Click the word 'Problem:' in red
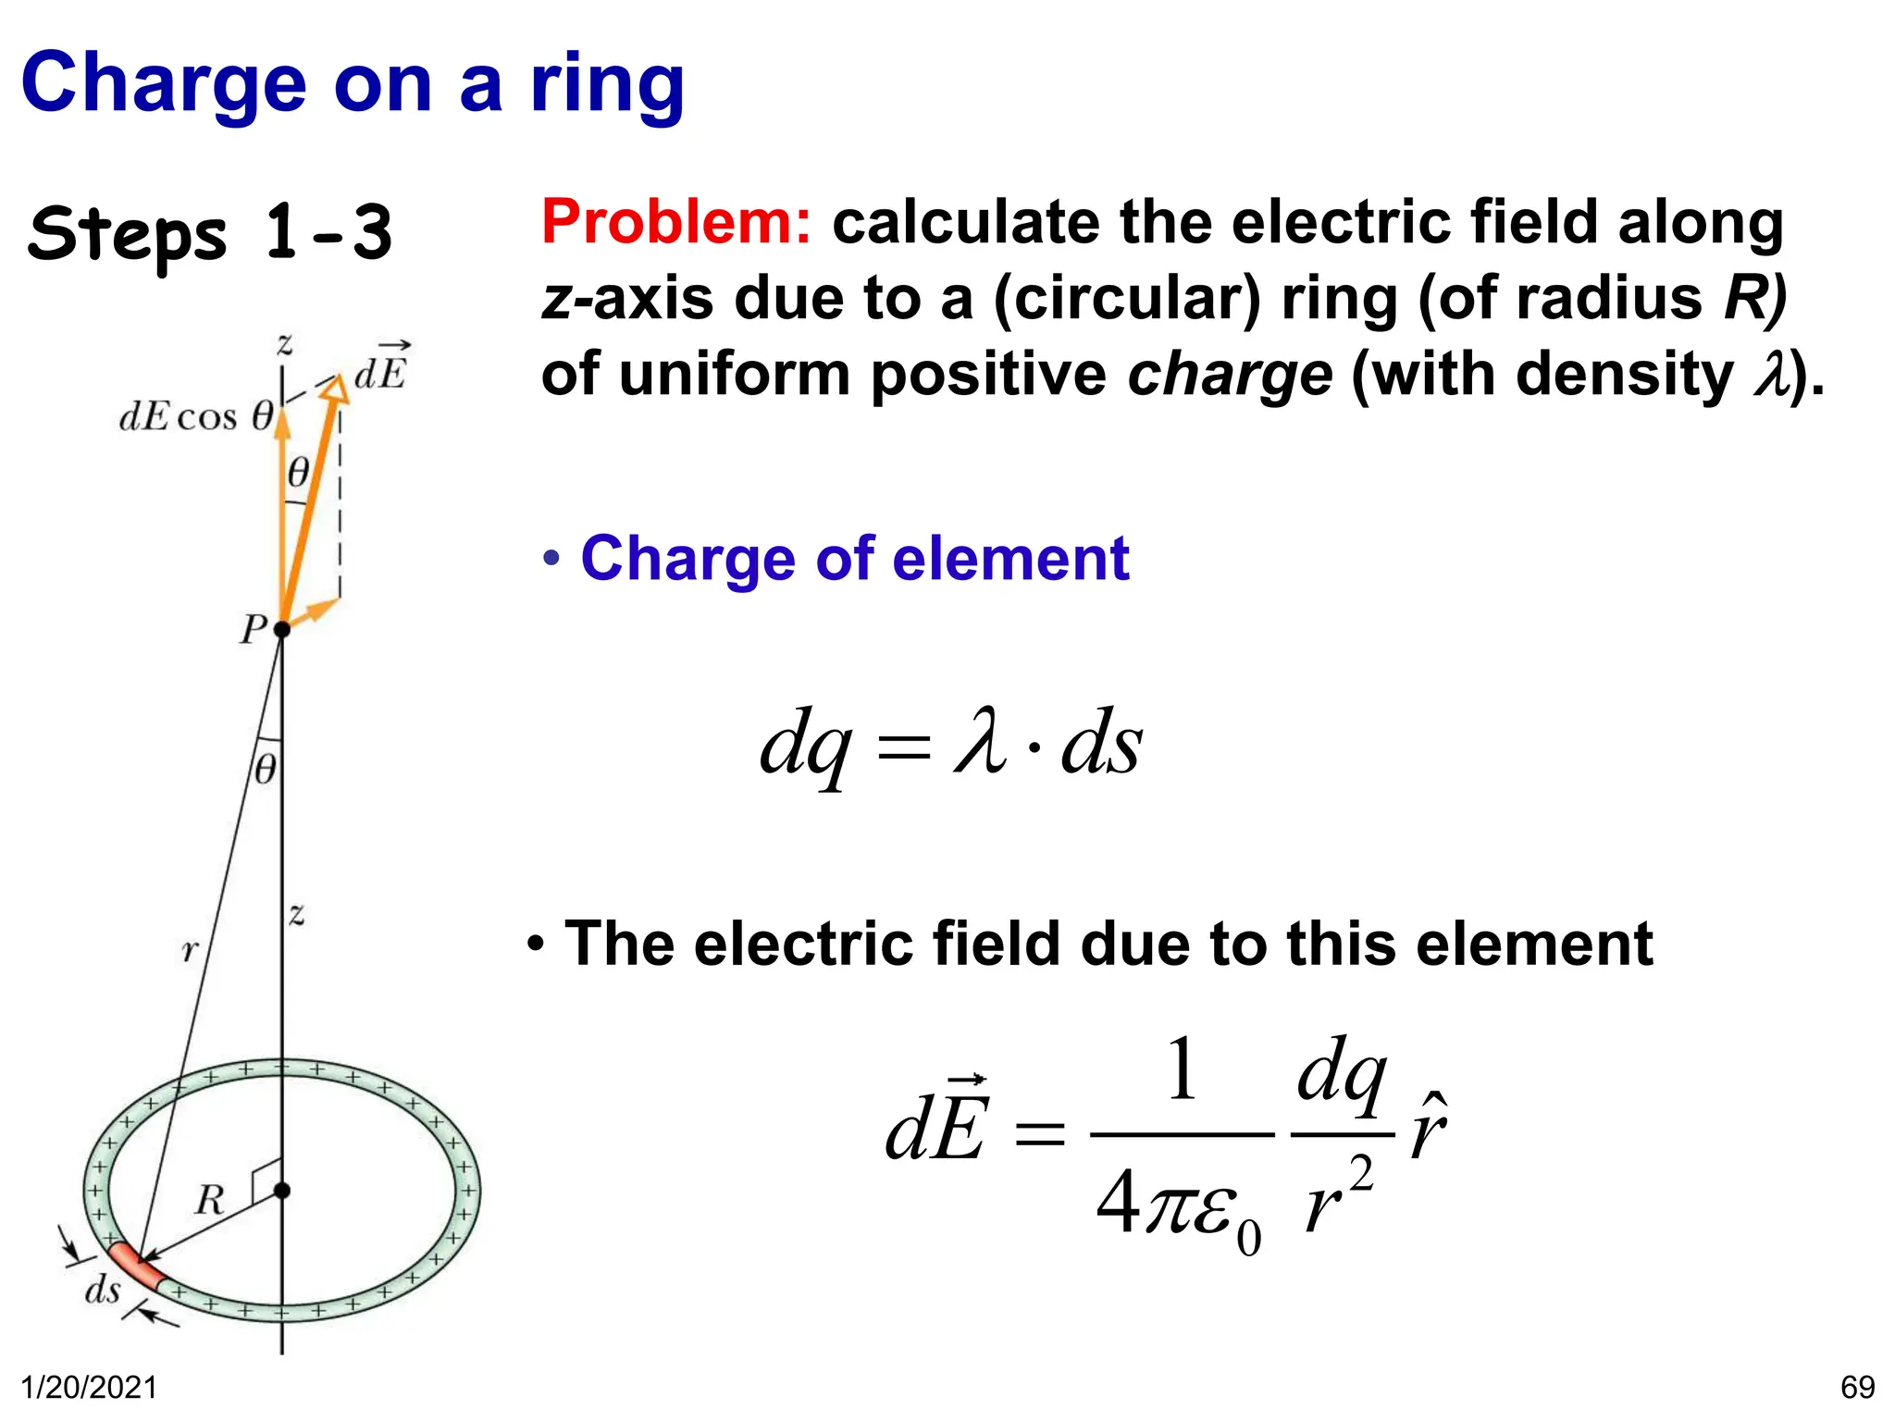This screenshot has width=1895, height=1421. tap(675, 222)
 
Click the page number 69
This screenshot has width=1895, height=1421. tap(1857, 1388)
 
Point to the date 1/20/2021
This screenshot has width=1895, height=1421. tap(89, 1388)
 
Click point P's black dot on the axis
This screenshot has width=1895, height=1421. tap(282, 629)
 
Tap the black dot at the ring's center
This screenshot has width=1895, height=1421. tap(282, 1190)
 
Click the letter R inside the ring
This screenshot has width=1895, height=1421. tap(210, 1200)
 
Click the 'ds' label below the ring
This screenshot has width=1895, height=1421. tap(102, 1289)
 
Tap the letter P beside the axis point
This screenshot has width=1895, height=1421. tap(252, 630)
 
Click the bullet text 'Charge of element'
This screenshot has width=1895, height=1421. tap(854, 559)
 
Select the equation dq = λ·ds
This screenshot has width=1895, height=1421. tap(951, 745)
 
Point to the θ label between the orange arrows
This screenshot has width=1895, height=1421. tap(298, 473)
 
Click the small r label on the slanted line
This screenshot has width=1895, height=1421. tap(190, 949)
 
